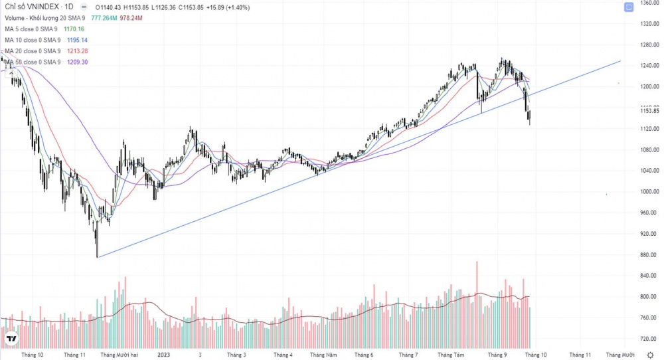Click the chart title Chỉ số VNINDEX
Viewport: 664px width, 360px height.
29,7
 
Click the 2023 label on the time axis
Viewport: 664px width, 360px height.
164,355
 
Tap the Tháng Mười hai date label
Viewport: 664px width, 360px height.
119,355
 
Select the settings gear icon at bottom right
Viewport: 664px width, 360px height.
649,355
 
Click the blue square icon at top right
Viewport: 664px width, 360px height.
628,7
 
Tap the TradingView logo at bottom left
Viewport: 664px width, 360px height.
11,339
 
